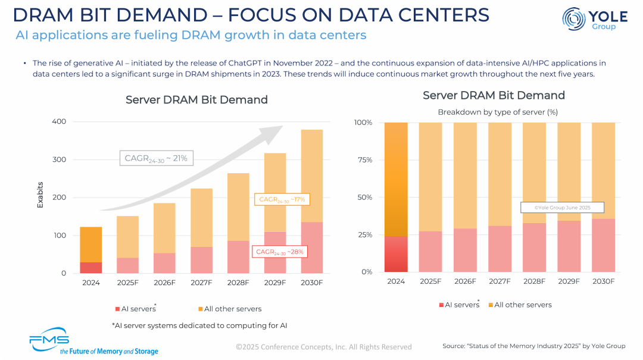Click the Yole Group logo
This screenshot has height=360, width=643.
(x=589, y=19)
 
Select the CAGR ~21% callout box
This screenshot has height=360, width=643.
(x=156, y=158)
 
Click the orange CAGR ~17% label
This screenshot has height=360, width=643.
(x=282, y=199)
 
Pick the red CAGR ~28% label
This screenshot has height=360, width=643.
(x=280, y=252)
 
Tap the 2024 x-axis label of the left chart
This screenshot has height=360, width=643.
(x=91, y=283)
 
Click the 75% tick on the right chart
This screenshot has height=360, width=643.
(x=363, y=160)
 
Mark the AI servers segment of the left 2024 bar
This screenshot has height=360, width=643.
(x=91, y=268)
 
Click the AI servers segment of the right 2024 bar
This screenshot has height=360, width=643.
(x=396, y=254)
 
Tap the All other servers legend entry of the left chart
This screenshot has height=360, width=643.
(x=229, y=309)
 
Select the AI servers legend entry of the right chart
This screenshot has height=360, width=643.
(x=459, y=305)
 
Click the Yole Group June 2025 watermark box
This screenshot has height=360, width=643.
(x=562, y=208)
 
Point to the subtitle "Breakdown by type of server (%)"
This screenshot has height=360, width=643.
(x=498, y=112)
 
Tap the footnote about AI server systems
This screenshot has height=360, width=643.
(x=199, y=325)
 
